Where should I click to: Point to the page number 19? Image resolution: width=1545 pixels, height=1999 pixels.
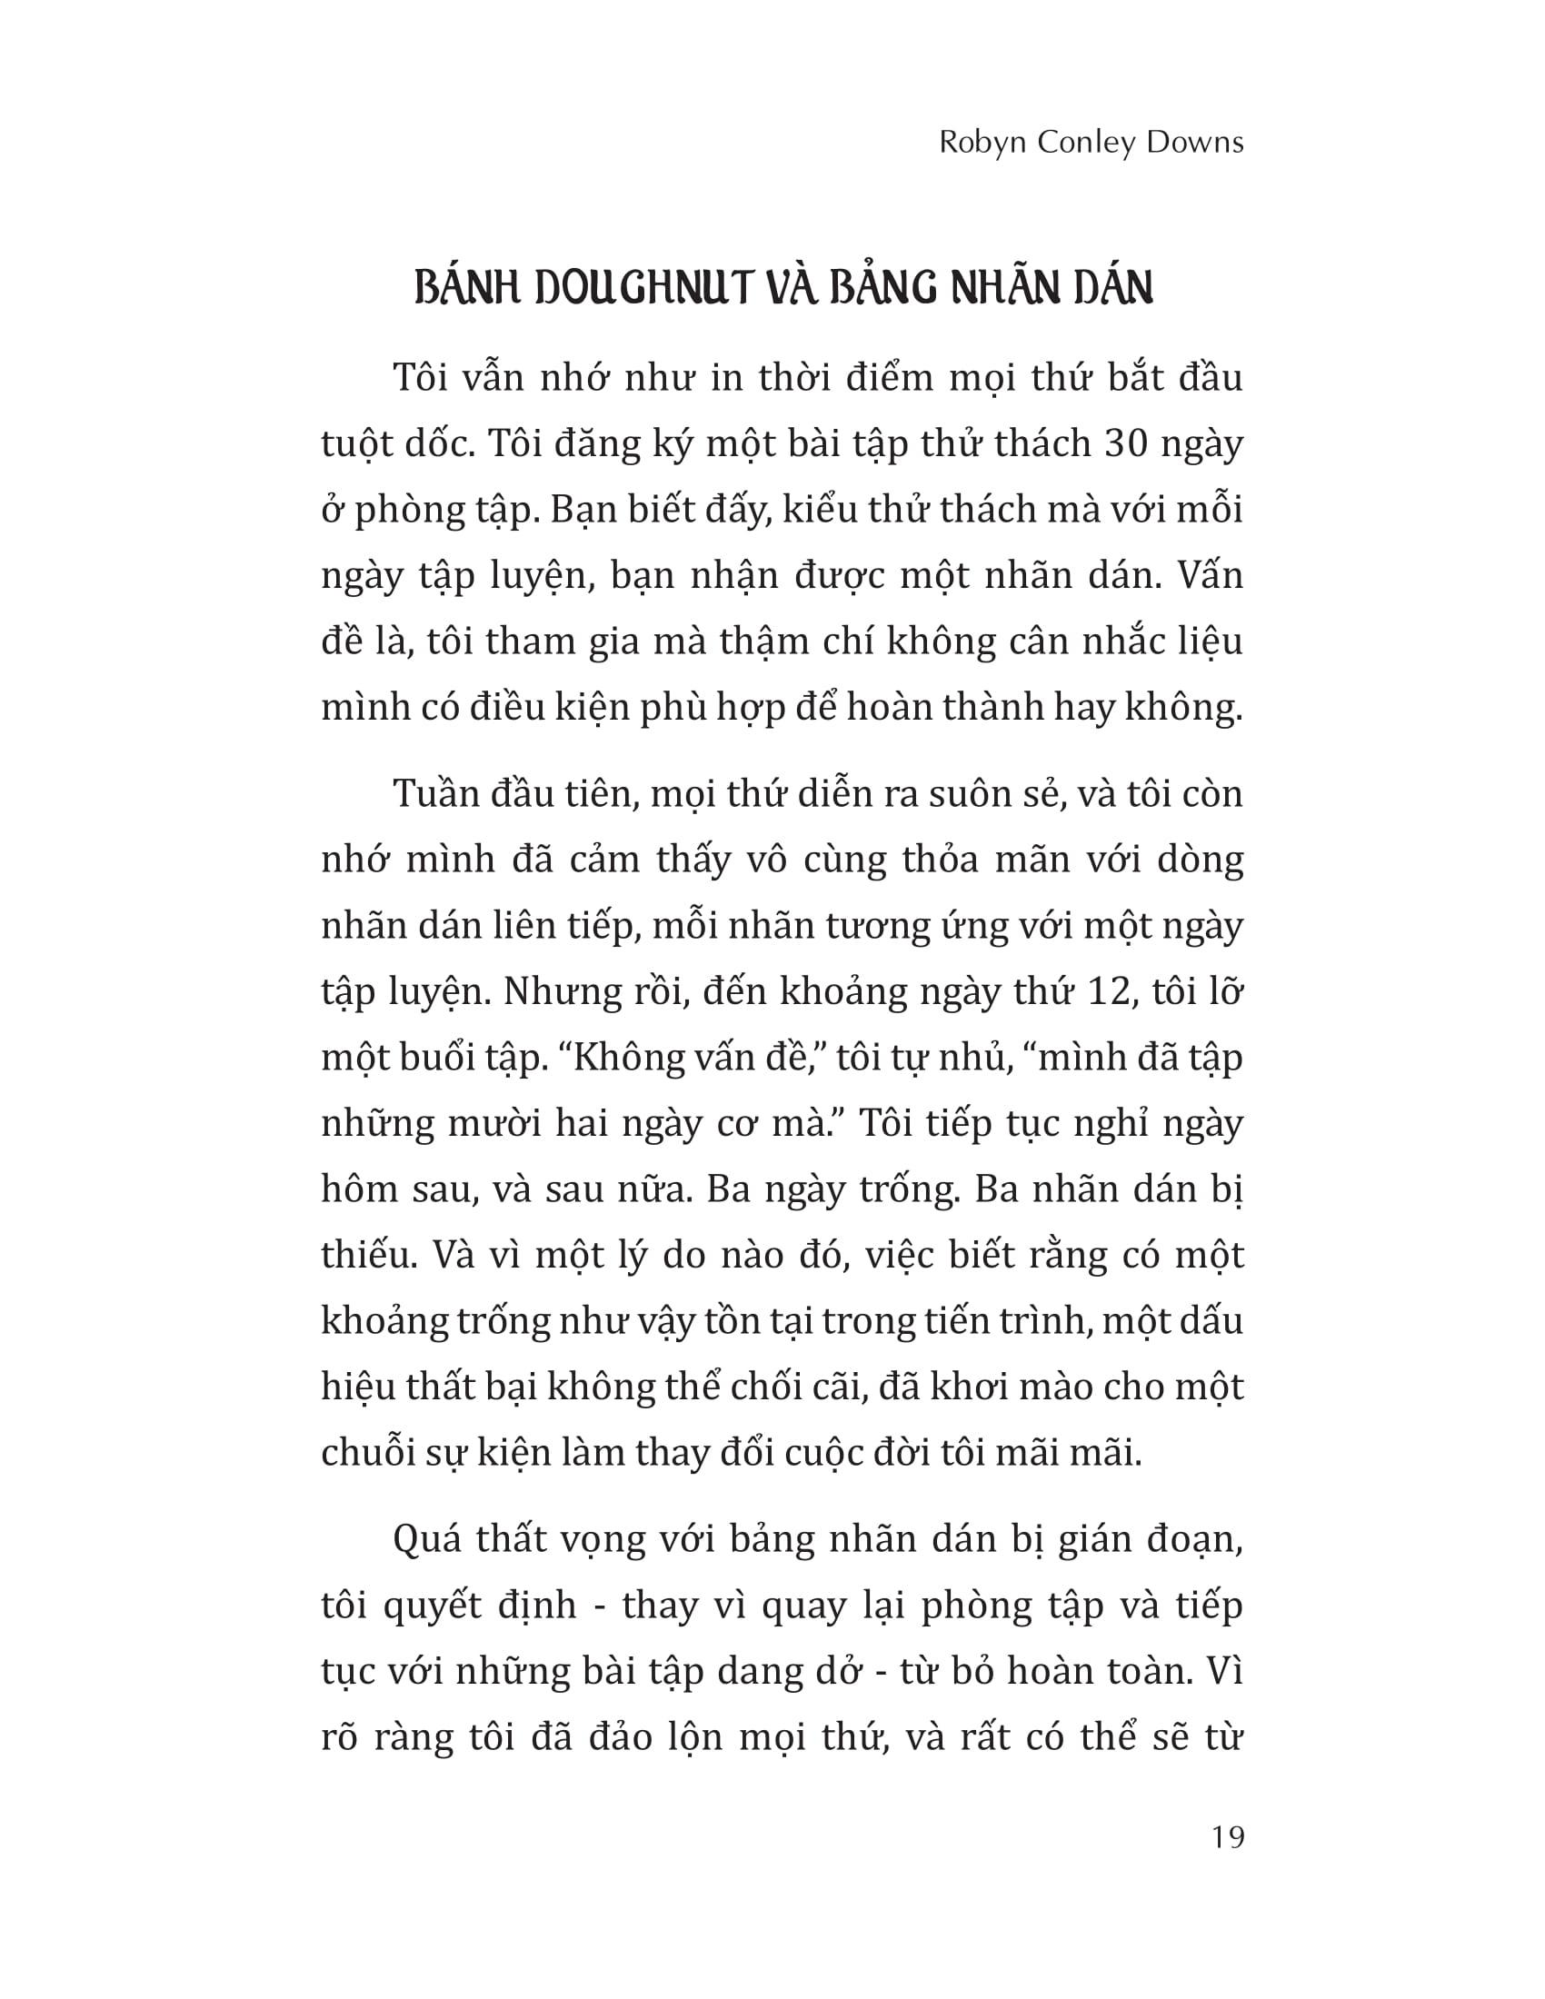[1228, 1837]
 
